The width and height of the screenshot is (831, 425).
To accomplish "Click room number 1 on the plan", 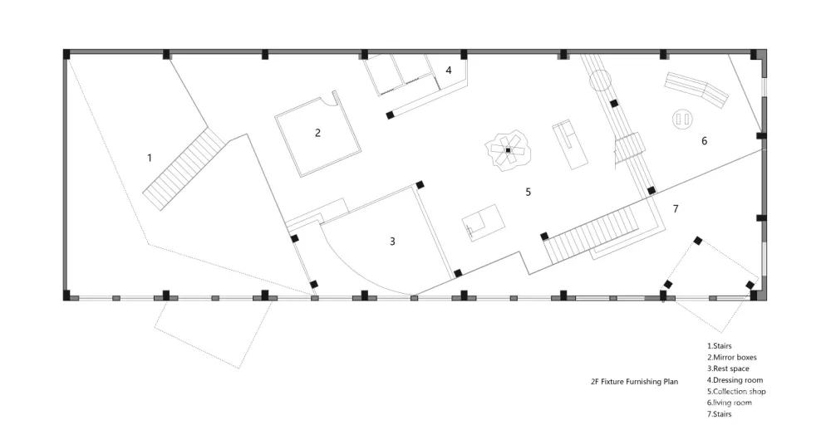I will [150, 158].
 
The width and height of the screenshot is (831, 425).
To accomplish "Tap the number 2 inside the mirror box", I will [317, 132].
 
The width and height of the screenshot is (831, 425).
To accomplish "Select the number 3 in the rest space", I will [392, 242].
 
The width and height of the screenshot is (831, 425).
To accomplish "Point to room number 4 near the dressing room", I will [449, 71].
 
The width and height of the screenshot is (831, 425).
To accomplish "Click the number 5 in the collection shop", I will [528, 192].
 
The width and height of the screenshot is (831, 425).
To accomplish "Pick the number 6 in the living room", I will [704, 141].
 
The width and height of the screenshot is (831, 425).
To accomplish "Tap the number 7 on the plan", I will [676, 209].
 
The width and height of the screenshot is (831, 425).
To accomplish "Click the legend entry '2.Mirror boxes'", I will [731, 358].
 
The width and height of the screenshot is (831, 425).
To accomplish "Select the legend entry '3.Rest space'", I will [729, 369].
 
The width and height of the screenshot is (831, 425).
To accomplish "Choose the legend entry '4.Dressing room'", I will [735, 380].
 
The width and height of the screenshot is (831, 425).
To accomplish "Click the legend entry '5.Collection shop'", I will [736, 391].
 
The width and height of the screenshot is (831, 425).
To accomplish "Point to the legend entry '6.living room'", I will [730, 403].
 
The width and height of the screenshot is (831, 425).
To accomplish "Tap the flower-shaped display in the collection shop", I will [507, 151].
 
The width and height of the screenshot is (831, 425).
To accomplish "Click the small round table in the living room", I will [683, 120].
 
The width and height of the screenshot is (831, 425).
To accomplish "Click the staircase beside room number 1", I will [184, 169].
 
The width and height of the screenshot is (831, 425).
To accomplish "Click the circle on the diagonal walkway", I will [600, 81].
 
